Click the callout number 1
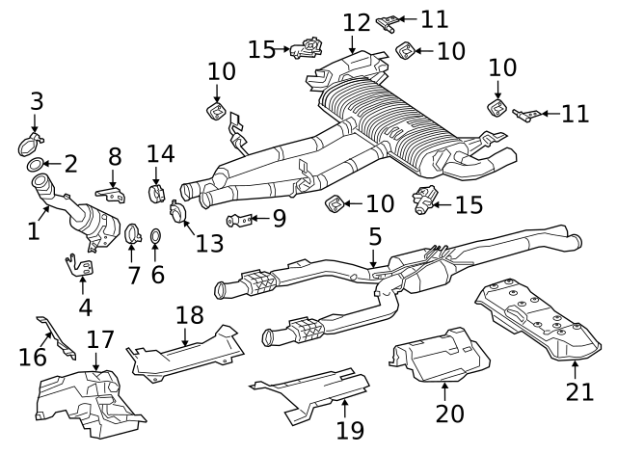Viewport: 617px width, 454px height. pyautogui.click(x=33, y=231)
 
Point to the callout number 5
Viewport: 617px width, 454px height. pyautogui.click(x=375, y=236)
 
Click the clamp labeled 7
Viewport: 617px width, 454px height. pyautogui.click(x=135, y=233)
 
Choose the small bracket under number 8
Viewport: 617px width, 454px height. pyautogui.click(x=114, y=196)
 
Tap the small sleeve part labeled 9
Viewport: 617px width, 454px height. pyautogui.click(x=242, y=220)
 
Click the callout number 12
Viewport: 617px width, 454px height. pyautogui.click(x=357, y=21)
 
